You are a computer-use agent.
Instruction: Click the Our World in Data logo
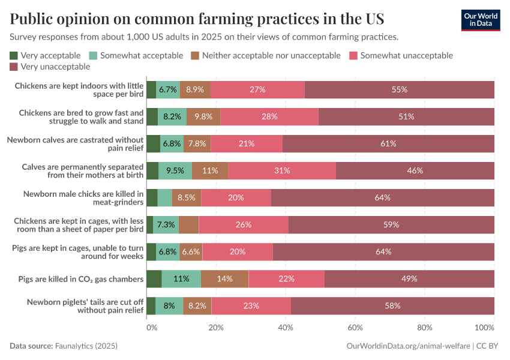[x=480, y=20]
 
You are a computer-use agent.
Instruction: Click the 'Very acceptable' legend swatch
[x=14, y=56]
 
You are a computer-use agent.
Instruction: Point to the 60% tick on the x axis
[x=355, y=328]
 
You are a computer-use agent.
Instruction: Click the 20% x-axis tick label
[x=216, y=328]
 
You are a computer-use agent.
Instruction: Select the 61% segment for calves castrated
[x=388, y=143]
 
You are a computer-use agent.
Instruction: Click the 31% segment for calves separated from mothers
[x=282, y=170]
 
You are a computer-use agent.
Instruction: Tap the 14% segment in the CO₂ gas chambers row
[x=224, y=278]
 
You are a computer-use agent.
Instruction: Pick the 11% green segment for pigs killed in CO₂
[x=181, y=278]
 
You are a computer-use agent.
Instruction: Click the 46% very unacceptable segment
[x=415, y=170]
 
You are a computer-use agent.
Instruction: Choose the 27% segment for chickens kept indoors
[x=257, y=89]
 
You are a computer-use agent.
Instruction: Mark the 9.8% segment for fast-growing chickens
[x=203, y=116]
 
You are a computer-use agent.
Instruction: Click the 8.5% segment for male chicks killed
[x=187, y=197]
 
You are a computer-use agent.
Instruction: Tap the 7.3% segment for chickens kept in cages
[x=166, y=224]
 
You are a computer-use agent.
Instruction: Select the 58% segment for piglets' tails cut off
[x=392, y=305]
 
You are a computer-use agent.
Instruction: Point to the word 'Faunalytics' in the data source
[x=76, y=346]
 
